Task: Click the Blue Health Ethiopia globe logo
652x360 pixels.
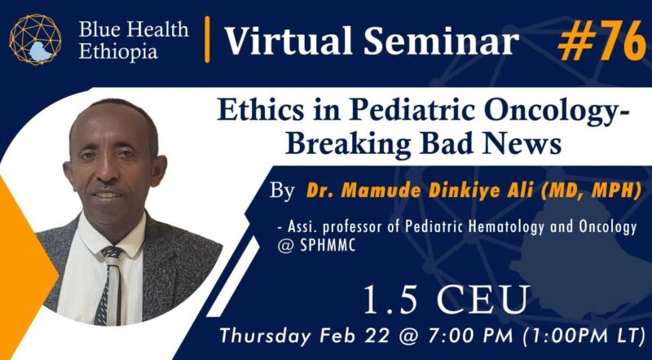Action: tap(36, 40)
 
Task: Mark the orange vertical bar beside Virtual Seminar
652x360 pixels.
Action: tap(208, 40)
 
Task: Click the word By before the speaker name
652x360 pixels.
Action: tap(281, 194)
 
